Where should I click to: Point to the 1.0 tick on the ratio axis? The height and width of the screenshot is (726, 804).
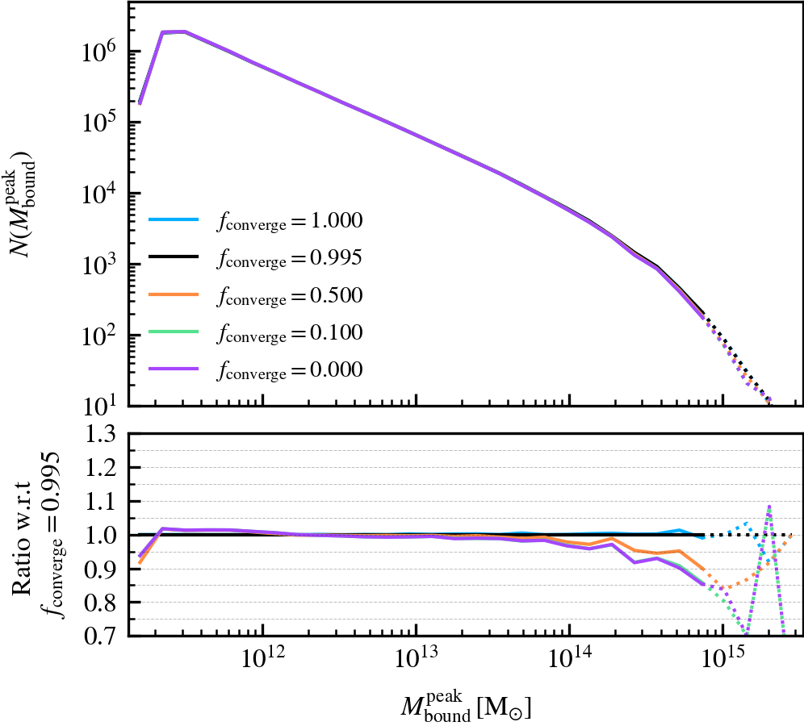[x=102, y=535]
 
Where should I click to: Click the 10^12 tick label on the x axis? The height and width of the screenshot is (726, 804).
[x=262, y=664]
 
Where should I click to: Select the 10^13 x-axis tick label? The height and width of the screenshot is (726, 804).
[x=416, y=664]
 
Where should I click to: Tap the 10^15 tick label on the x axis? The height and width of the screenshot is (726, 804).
[x=723, y=664]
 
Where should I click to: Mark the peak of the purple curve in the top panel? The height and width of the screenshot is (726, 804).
[x=184, y=32]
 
